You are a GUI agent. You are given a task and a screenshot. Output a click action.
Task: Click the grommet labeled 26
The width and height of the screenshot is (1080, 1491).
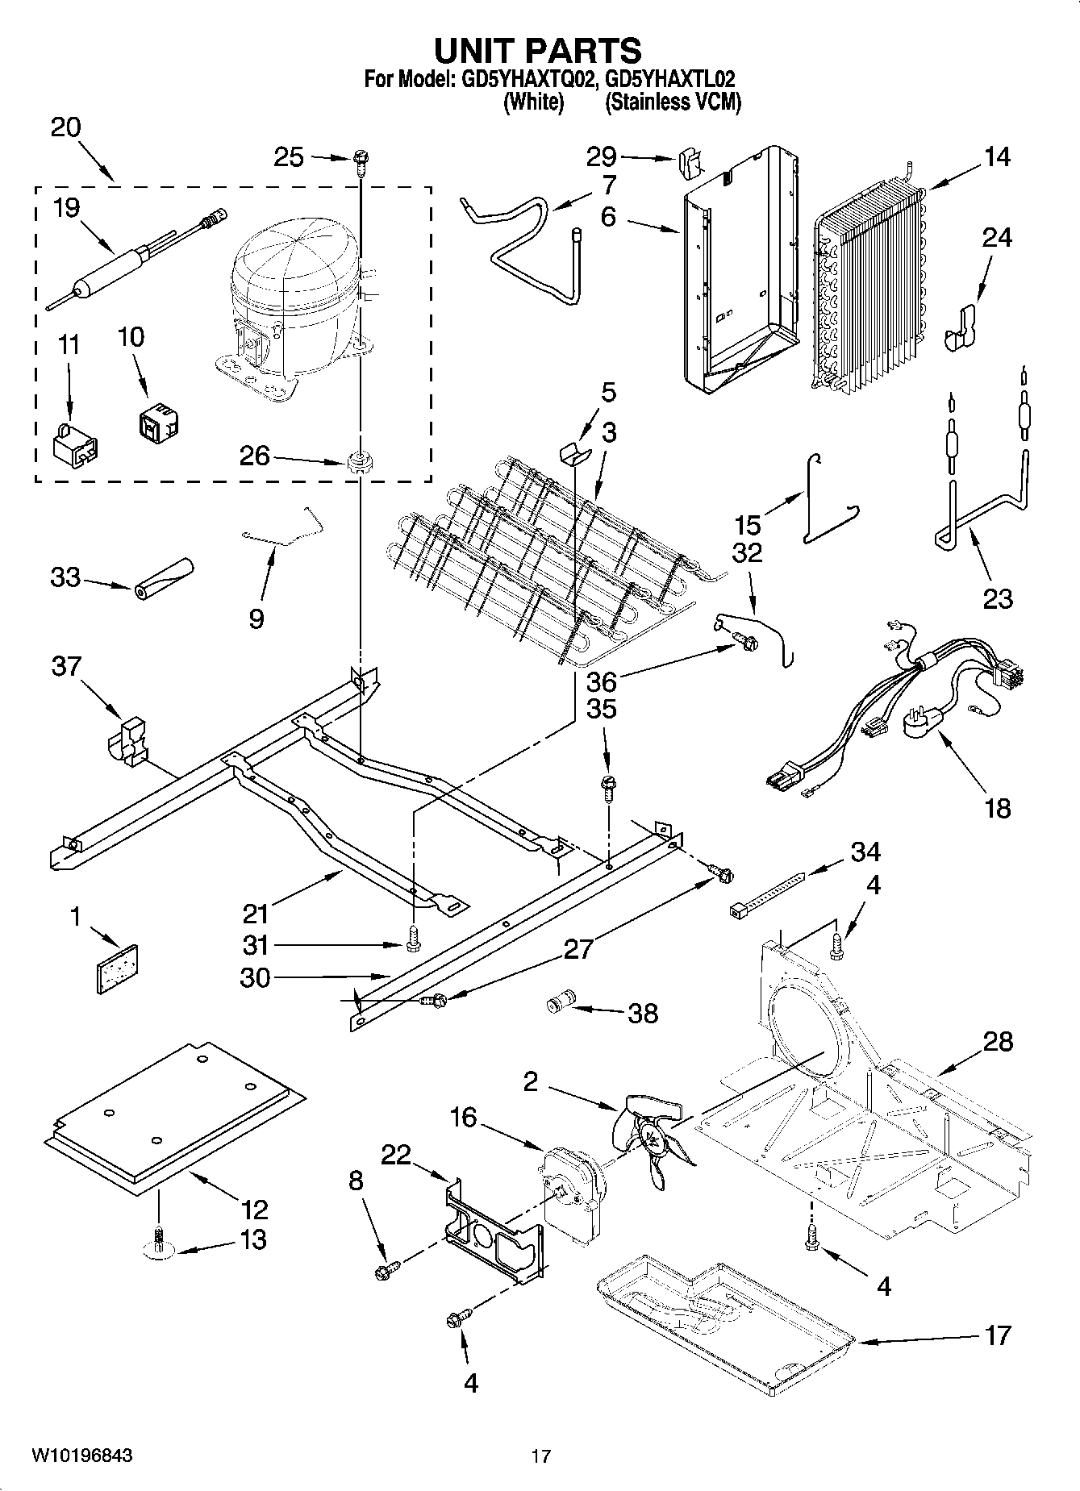[x=358, y=463]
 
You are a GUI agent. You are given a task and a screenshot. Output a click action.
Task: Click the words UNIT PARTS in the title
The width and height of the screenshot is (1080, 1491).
[x=538, y=50]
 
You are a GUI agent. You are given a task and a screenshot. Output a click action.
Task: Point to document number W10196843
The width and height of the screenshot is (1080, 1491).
[x=81, y=1456]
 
